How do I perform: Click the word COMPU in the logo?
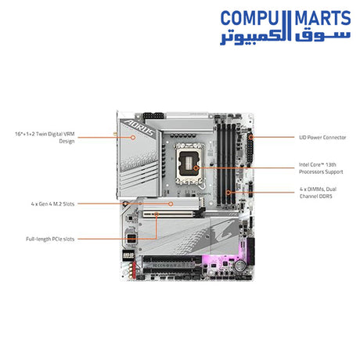click(x=248, y=17)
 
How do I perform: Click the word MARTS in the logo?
click(x=316, y=17)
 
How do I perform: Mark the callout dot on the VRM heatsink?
click(x=135, y=138)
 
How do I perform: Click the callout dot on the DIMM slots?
click(x=228, y=192)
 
